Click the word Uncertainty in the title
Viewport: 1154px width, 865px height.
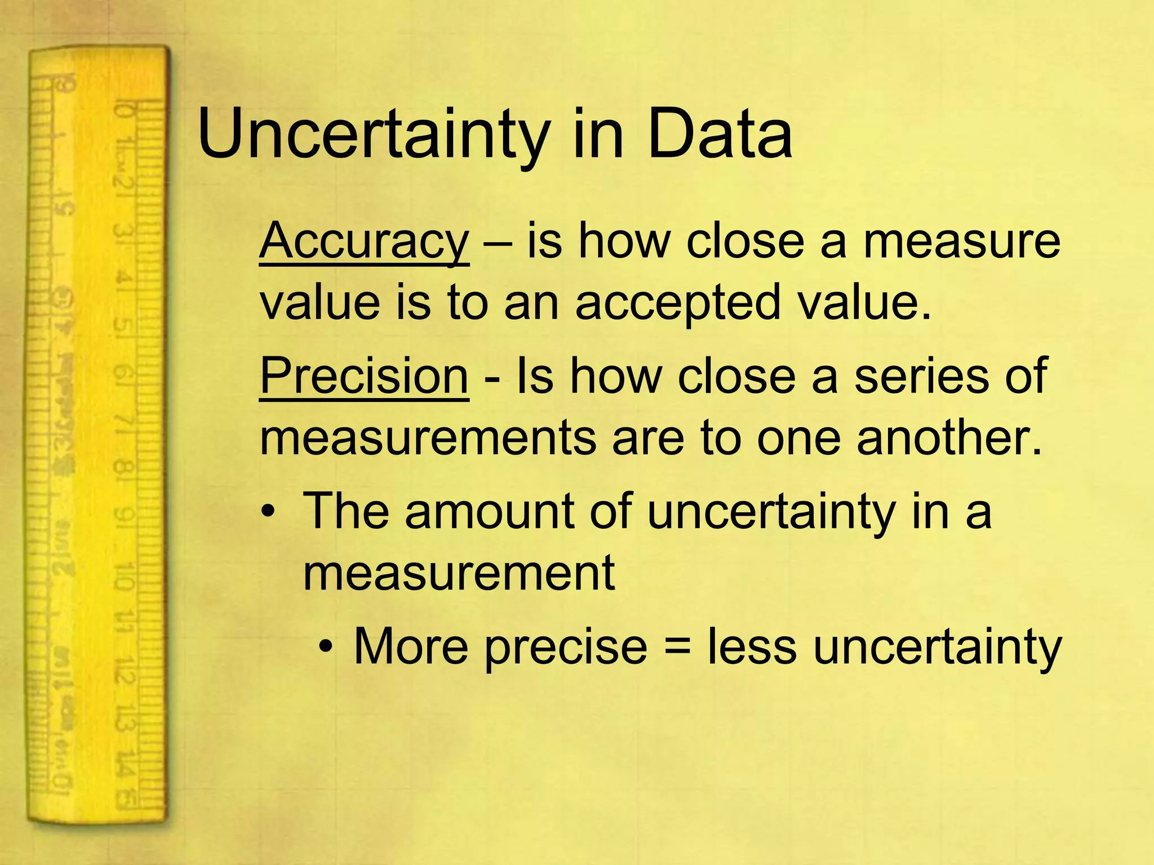tap(372, 135)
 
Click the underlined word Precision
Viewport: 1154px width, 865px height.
tap(364, 376)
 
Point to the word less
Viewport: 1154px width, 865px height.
tap(752, 646)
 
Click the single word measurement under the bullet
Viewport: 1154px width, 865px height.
tap(459, 573)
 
